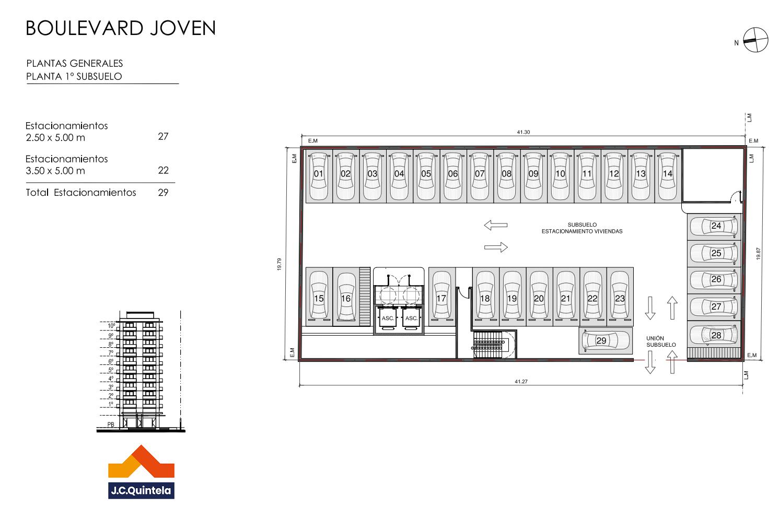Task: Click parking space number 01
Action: [319, 176]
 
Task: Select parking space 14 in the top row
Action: [668, 176]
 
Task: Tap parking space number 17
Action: [441, 297]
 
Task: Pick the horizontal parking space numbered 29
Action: [606, 340]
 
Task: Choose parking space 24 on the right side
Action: [714, 227]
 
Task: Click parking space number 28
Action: [714, 334]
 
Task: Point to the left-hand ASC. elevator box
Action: [388, 318]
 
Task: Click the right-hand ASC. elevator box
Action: [411, 318]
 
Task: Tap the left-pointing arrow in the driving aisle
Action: [496, 225]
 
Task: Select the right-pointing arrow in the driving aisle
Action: [496, 247]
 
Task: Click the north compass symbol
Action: [755, 40]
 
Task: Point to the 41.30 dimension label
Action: [523, 132]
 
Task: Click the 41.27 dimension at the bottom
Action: [521, 381]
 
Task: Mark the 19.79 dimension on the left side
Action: [279, 264]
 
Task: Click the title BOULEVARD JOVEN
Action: [121, 28]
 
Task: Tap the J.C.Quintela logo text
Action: [141, 490]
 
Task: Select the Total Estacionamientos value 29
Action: [163, 193]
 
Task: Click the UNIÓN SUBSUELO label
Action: [661, 341]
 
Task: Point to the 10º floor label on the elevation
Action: [111, 326]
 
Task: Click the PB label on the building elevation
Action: [111, 425]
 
